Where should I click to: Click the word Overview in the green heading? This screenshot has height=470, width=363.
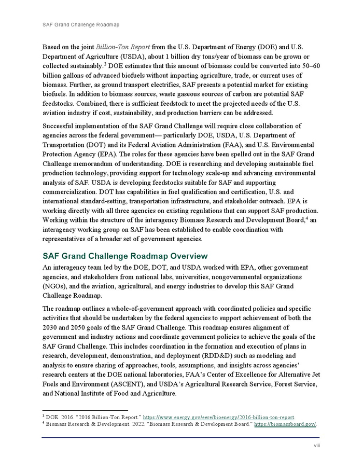pyautogui.click(x=185, y=256)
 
